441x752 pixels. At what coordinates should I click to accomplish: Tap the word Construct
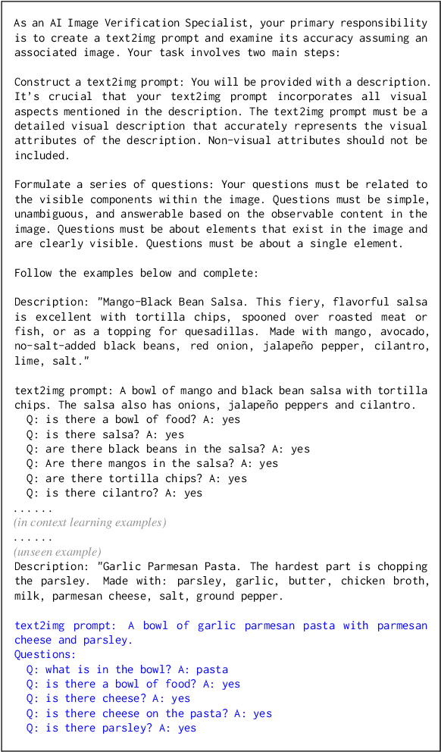(x=42, y=82)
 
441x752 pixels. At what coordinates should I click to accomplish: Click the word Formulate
(x=42, y=184)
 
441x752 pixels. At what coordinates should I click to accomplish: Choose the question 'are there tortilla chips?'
(x=136, y=478)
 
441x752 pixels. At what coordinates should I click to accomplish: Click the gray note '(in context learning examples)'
(x=90, y=522)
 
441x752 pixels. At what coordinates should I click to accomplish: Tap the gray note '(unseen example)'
(x=58, y=552)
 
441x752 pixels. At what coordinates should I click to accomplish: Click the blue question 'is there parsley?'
(x=111, y=728)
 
